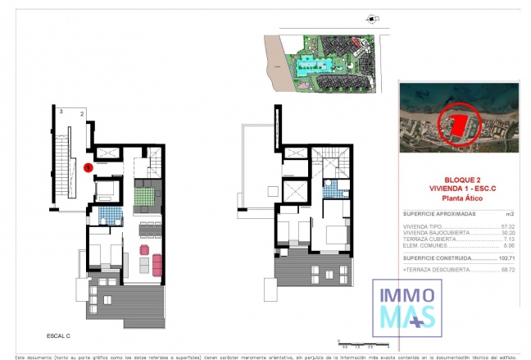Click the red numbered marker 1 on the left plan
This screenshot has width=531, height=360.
[88, 167]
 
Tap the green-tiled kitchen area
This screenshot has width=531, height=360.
[148, 195]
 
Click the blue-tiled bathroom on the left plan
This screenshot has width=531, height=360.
[110, 215]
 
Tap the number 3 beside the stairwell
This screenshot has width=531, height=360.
[61, 110]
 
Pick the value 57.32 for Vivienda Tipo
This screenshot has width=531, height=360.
[510, 225]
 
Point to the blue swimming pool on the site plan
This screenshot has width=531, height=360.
[313, 66]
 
